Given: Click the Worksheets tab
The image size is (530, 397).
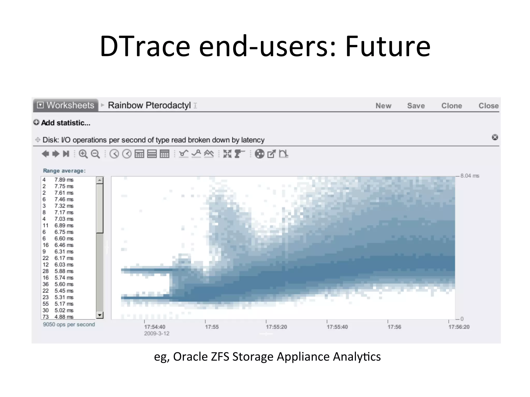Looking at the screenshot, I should (x=66, y=105).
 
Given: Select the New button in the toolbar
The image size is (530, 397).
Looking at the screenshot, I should (x=383, y=106).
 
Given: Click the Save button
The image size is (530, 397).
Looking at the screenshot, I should (x=416, y=106).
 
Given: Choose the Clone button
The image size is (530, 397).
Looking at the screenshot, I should (x=452, y=106).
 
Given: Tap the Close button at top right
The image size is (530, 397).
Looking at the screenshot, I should (x=488, y=106).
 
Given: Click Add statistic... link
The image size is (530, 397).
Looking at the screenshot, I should (x=65, y=123).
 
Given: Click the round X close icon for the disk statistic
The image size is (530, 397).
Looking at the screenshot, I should (x=495, y=137).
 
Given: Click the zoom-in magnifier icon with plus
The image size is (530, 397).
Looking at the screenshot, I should (x=83, y=154).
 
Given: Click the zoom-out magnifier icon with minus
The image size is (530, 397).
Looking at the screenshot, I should (x=95, y=154).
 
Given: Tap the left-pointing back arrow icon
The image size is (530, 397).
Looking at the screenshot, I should (x=45, y=154).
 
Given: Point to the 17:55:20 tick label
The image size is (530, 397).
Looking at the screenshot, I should (x=276, y=327).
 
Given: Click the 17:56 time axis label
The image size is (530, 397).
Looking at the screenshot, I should (x=394, y=327).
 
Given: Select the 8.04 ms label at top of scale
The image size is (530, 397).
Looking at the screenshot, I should (x=470, y=176).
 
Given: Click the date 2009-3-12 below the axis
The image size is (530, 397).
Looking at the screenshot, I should (x=157, y=333).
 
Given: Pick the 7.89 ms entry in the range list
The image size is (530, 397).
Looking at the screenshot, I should (x=64, y=180).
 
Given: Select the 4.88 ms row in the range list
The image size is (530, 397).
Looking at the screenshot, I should (x=64, y=317).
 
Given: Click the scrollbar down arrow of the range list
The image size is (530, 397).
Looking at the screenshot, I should (x=100, y=315).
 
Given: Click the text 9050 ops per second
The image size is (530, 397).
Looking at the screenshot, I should (x=69, y=324).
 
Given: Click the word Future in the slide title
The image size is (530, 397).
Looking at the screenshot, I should (x=388, y=47).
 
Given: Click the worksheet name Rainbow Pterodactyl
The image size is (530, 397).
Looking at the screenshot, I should (x=149, y=105).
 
